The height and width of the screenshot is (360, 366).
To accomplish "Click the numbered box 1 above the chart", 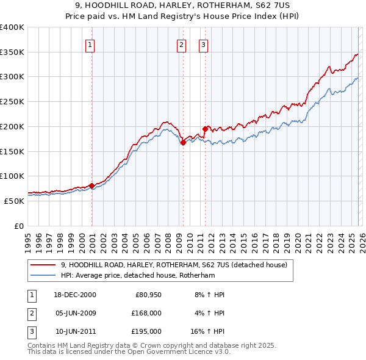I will tap(90, 44).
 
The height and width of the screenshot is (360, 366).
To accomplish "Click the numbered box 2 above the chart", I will tap(181, 44).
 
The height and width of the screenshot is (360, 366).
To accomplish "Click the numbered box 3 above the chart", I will tap(203, 44).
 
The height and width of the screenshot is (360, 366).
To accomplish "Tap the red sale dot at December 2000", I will tap(91, 185).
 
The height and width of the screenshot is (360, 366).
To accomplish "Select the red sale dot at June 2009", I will tap(183, 142).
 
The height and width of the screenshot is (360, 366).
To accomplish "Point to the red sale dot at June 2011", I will tap(205, 129).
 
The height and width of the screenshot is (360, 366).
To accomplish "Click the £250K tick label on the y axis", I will tap(12, 102).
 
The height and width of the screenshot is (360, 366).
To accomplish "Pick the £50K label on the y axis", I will tap(14, 201).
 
